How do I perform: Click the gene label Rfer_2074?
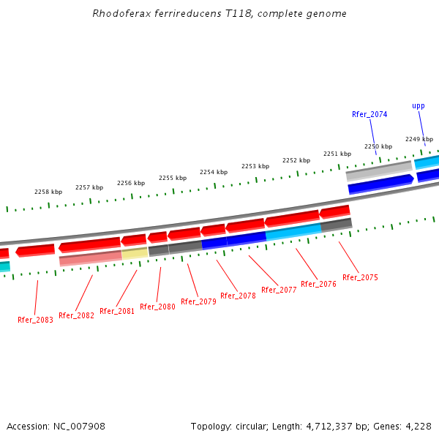[369, 114]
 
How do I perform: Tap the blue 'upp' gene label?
[419, 105]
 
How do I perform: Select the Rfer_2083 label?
[35, 320]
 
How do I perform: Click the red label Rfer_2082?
[76, 315]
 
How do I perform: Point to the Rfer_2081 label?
[117, 311]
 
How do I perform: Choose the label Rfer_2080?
[157, 307]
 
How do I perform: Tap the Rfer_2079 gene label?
[198, 301]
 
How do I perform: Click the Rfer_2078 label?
[238, 296]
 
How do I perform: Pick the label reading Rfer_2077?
[279, 290]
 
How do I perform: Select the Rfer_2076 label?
[318, 284]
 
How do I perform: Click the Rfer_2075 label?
[360, 277]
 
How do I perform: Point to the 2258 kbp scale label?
[48, 192]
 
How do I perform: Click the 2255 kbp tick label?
[173, 178]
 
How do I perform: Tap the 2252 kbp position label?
[296, 160]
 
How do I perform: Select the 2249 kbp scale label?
[419, 139]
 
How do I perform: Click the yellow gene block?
[135, 254]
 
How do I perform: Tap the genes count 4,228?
[419, 426]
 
